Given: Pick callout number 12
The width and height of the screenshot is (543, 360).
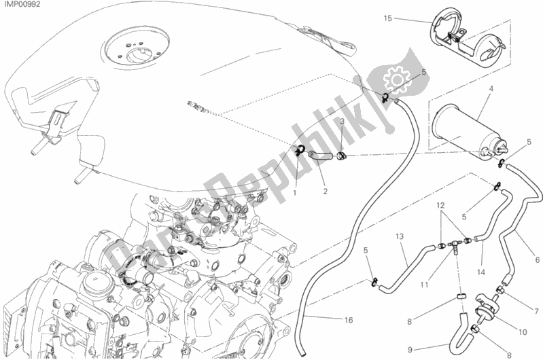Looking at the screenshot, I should tap(440, 205).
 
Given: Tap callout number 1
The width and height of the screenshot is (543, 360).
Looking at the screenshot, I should tap(296, 193).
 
